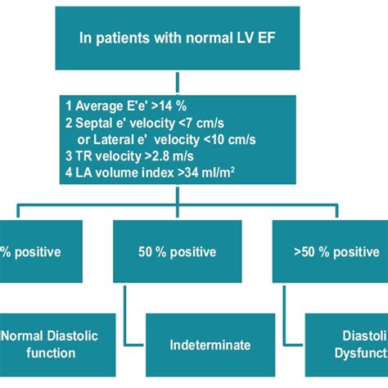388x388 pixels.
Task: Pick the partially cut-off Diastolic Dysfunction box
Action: click(348, 344)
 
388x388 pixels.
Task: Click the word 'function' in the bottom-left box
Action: click(48, 353)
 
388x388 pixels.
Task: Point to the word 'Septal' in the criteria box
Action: click(95, 120)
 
